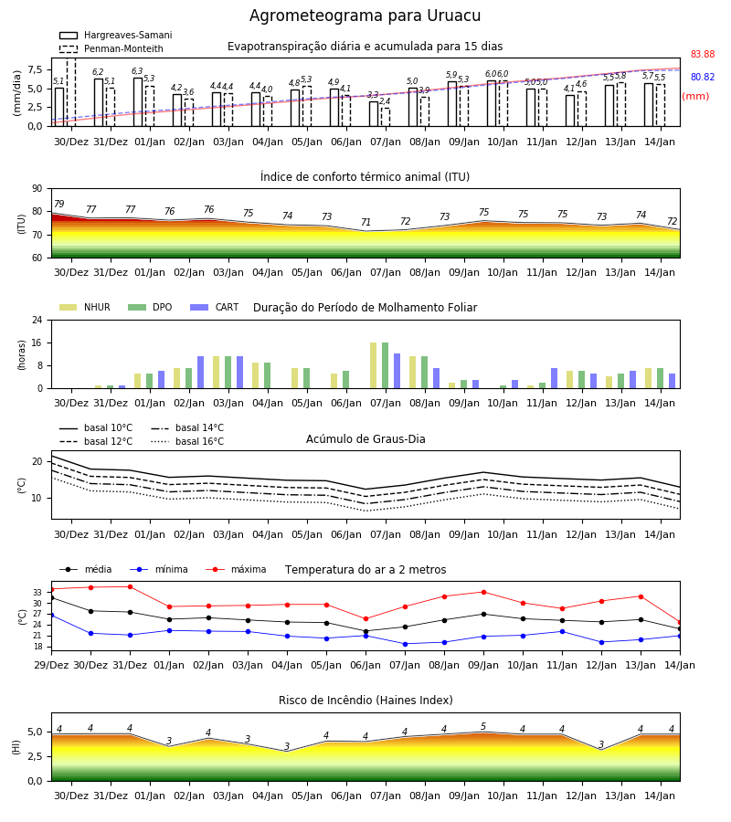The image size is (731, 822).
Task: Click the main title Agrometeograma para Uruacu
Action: (365, 16)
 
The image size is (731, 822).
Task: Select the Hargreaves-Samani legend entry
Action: (116, 35)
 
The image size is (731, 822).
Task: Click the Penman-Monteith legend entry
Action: (111, 48)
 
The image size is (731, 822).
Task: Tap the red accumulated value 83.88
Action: (703, 55)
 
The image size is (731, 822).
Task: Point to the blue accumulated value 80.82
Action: (703, 77)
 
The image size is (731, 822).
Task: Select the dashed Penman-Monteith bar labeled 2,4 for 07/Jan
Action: (386, 117)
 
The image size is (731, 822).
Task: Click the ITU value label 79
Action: (58, 204)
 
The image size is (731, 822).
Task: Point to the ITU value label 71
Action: (365, 222)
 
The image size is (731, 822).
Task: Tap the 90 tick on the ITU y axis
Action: (37, 189)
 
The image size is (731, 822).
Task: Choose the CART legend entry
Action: (215, 307)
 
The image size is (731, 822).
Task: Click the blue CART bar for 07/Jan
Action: (397, 371)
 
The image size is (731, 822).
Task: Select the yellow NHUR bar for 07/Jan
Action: (374, 365)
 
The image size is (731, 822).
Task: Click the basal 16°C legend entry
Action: (187, 441)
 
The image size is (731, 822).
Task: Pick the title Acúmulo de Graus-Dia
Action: (365, 439)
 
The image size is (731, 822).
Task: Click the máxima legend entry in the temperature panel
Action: (236, 569)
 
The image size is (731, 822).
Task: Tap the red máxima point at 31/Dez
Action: (130, 586)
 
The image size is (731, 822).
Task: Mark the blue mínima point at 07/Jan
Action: (406, 644)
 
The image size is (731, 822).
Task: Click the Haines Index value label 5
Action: (483, 727)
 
